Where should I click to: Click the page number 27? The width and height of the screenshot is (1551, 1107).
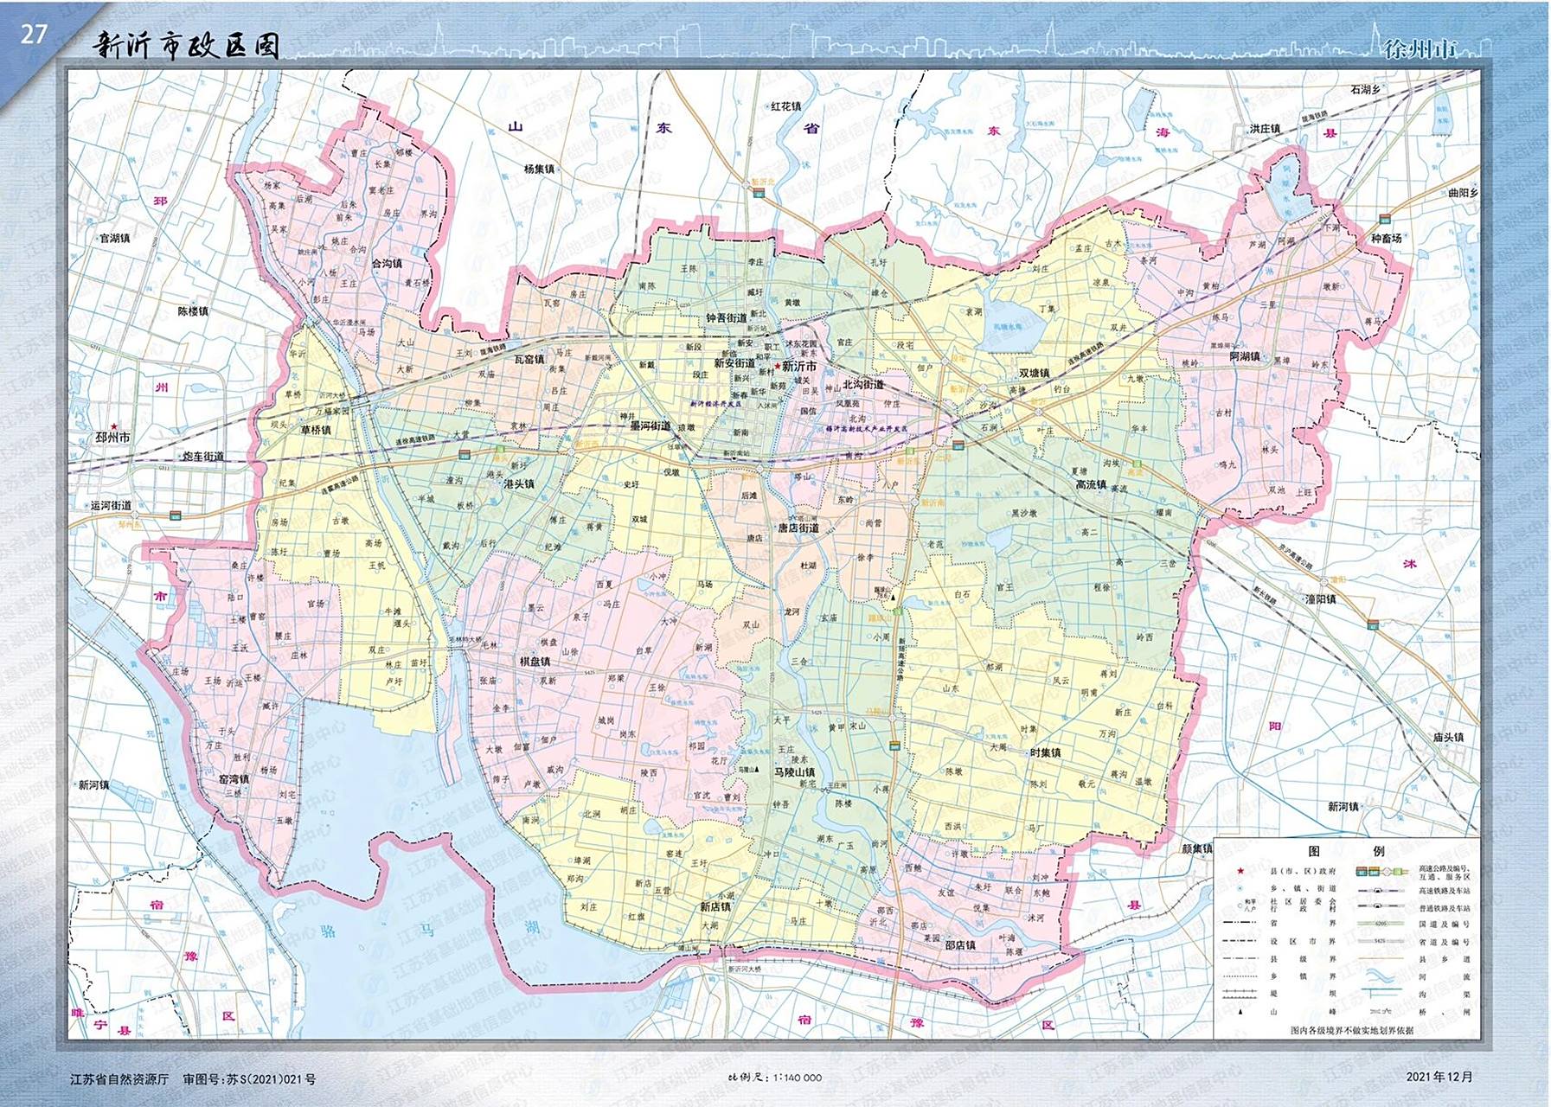point(33,35)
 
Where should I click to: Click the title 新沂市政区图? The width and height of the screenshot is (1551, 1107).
point(186,46)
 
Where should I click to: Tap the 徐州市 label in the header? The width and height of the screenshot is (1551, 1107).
point(1420,49)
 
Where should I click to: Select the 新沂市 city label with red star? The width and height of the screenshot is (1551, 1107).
point(798,367)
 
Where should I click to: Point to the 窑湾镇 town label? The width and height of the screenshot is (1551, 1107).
point(234,779)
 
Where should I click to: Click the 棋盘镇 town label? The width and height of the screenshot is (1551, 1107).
point(535,662)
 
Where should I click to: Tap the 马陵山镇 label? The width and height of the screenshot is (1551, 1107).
point(794,772)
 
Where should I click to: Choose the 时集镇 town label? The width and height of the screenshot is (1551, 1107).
point(1045,753)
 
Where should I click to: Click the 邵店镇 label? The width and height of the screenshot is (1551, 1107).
point(960,945)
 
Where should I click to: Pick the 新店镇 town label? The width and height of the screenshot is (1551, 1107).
point(715,907)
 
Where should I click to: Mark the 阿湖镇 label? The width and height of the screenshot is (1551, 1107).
point(1245,356)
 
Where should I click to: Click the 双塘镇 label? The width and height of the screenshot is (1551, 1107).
point(1034,374)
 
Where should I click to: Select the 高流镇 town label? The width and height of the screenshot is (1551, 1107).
point(1091,485)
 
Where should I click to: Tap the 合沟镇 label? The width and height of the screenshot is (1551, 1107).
point(387,264)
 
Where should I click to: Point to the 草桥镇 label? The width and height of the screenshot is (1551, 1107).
point(315,430)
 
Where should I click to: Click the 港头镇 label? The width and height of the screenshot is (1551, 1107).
point(519,484)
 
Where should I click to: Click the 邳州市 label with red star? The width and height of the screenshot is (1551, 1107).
point(113,438)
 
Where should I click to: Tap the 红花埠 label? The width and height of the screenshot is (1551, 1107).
point(785,106)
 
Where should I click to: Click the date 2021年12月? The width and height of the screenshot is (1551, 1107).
point(1439,1077)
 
